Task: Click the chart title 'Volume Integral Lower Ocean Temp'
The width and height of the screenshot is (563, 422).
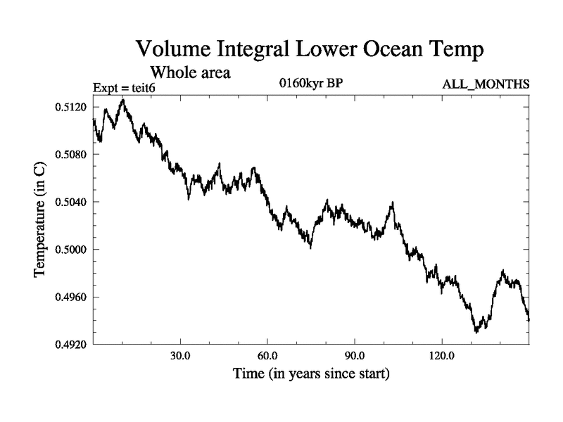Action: (x=311, y=50)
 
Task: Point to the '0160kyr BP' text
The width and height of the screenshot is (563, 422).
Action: (x=311, y=84)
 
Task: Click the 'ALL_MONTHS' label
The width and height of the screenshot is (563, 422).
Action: (x=486, y=85)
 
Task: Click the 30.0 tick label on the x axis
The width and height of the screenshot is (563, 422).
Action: (x=181, y=356)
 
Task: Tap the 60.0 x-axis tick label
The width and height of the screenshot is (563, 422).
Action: (x=267, y=356)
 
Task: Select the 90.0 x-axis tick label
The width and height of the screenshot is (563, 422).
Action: (x=355, y=356)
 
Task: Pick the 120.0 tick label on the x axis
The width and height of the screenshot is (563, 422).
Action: (x=441, y=356)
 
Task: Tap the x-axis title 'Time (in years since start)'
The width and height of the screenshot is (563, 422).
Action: (x=310, y=373)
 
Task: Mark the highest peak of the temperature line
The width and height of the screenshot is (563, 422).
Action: (x=123, y=100)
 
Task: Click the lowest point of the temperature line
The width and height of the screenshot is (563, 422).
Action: (x=476, y=332)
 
